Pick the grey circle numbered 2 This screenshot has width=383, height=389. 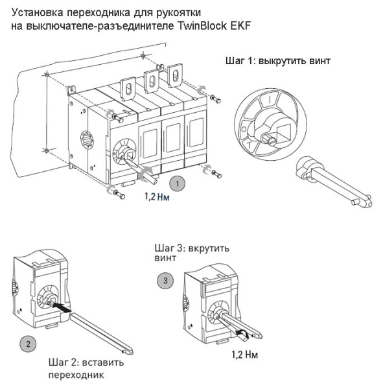pos(27,343)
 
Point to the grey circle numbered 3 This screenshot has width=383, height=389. pos(165,281)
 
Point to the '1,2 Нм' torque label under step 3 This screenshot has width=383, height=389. pos(247,355)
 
